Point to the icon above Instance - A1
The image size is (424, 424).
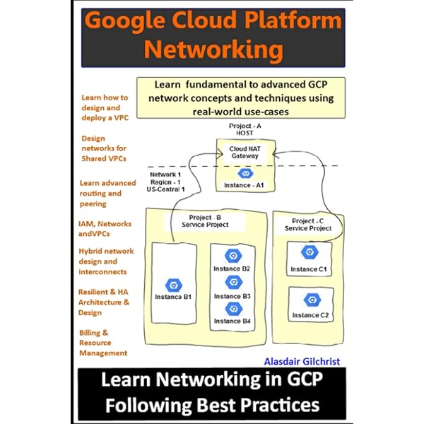click(x=245, y=173)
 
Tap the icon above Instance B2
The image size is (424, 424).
click(x=232, y=256)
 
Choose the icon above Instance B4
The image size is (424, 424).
click(x=232, y=309)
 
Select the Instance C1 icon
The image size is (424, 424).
click(x=308, y=252)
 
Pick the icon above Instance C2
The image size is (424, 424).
click(x=308, y=299)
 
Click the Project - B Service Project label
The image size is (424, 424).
click(x=206, y=221)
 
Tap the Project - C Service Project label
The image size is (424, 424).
click(x=308, y=225)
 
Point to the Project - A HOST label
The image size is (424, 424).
click(x=245, y=129)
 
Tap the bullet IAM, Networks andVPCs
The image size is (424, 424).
click(x=105, y=229)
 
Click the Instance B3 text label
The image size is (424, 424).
click(x=232, y=295)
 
